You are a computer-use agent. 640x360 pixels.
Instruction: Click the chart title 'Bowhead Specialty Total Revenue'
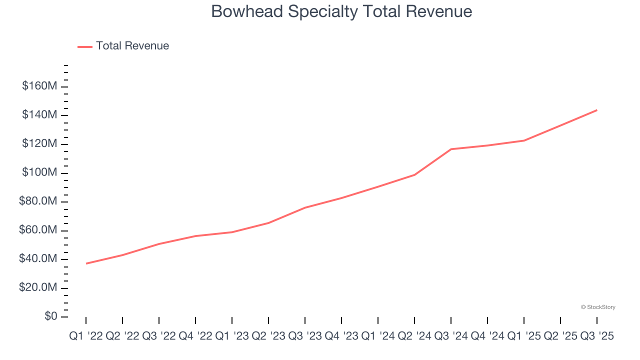pyautogui.click(x=341, y=11)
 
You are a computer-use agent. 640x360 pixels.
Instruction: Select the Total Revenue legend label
pyautogui.click(x=132, y=46)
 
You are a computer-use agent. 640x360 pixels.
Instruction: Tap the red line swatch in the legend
pyautogui.click(x=85, y=46)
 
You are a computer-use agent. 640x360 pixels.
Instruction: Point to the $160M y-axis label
pyautogui.click(x=39, y=86)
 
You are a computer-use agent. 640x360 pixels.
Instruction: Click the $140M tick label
pyautogui.click(x=39, y=115)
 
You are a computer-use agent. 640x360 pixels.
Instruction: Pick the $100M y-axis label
pyautogui.click(x=39, y=172)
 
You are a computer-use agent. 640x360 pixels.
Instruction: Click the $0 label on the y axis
pyautogui.click(x=50, y=316)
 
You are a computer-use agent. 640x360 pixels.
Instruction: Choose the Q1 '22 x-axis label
pyautogui.click(x=85, y=336)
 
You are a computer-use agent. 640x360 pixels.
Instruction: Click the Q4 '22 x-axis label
pyautogui.click(x=195, y=336)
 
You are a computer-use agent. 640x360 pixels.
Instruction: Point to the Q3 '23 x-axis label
pyautogui.click(x=304, y=336)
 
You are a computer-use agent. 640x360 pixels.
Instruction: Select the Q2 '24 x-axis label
pyautogui.click(x=414, y=336)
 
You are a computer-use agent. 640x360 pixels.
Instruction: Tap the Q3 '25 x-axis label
pyautogui.click(x=597, y=336)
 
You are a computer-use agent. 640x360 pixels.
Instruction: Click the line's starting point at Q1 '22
pyautogui.click(x=86, y=263)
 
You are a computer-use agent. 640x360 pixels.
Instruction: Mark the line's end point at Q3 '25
pyautogui.click(x=597, y=110)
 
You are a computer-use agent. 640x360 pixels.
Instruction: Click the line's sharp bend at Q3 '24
pyautogui.click(x=451, y=149)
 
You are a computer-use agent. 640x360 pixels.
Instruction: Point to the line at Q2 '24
pyautogui.click(x=414, y=174)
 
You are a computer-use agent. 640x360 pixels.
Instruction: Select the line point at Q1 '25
pyautogui.click(x=524, y=140)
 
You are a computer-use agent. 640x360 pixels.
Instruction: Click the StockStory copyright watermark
pyautogui.click(x=598, y=307)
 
